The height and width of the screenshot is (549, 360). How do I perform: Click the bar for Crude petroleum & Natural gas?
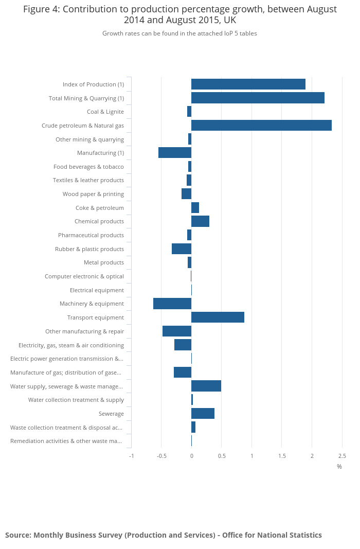point(261,125)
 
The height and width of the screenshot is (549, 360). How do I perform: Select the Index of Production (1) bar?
point(248,84)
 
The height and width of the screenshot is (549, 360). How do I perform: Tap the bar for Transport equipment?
point(218,317)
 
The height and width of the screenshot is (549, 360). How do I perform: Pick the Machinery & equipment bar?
point(172,304)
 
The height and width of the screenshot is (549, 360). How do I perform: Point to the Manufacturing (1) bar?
point(175,153)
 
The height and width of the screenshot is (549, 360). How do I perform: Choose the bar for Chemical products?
point(200,221)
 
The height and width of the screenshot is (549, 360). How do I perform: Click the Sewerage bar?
point(203,414)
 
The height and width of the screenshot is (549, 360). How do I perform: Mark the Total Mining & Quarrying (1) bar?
point(258,98)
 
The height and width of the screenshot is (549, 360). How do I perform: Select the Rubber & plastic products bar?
point(182,249)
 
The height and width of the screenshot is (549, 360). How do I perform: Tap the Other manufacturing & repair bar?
point(177,331)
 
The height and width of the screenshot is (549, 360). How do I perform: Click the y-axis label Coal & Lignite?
point(105,112)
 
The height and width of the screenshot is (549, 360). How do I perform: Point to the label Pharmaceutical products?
point(91,235)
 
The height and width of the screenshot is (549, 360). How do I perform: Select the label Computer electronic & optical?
point(84,276)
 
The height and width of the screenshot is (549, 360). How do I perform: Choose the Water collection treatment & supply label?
point(76,400)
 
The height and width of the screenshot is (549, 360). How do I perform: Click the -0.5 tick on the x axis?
point(161,456)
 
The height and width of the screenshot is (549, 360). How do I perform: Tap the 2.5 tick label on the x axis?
point(342,456)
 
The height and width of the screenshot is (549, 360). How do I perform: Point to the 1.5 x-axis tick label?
point(282,456)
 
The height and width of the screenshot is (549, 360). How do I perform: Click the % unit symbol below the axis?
point(339,467)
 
